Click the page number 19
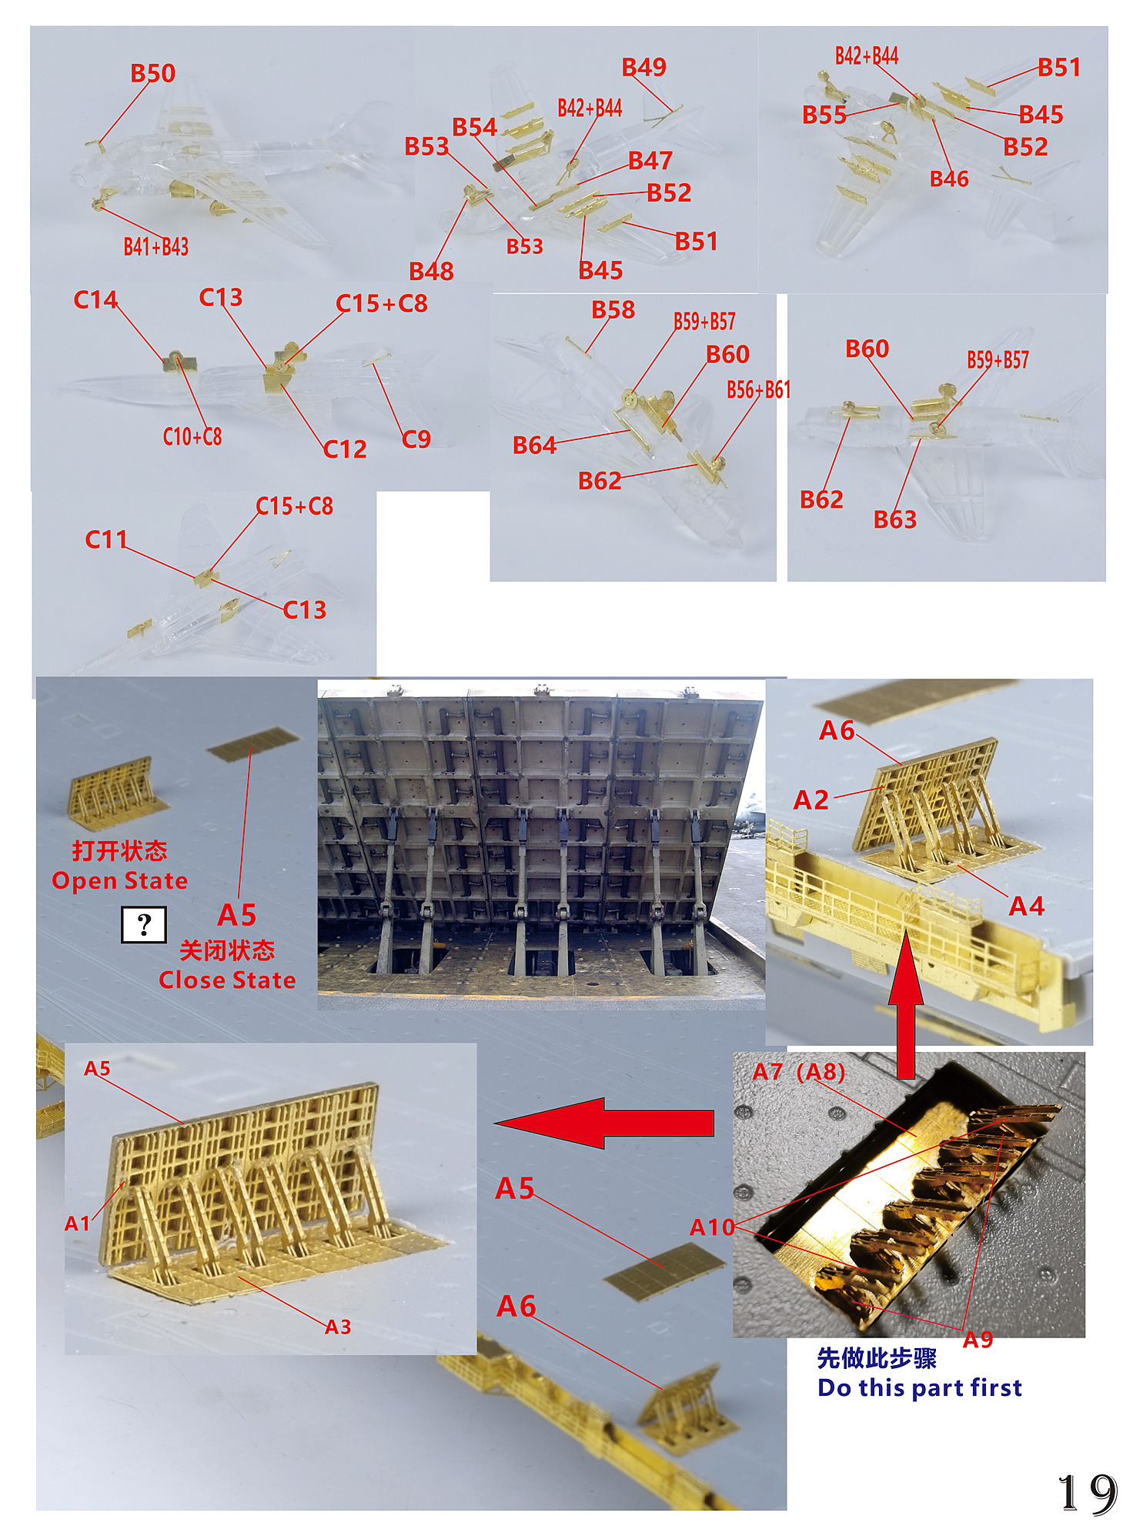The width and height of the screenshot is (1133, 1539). (1088, 1494)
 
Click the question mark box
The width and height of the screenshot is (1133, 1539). (144, 924)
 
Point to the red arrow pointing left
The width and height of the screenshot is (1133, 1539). (604, 1123)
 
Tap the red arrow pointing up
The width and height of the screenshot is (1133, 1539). (906, 1003)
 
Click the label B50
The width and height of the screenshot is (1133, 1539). (153, 73)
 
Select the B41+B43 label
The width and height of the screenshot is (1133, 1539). (156, 246)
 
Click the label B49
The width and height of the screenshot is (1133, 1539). (644, 67)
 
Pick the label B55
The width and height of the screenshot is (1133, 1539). (824, 115)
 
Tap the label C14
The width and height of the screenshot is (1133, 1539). (95, 299)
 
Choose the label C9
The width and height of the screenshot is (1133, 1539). (416, 439)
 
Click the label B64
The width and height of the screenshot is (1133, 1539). (535, 445)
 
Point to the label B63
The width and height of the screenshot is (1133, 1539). (895, 519)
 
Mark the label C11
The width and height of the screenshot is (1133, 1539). (105, 539)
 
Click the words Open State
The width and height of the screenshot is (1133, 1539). (119, 880)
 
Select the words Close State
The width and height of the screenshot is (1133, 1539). (227, 980)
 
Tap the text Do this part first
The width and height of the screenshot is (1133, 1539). (920, 1387)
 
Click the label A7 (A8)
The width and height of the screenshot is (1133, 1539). (799, 1071)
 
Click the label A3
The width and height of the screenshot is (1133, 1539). (338, 1327)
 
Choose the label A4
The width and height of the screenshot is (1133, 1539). (1027, 906)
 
